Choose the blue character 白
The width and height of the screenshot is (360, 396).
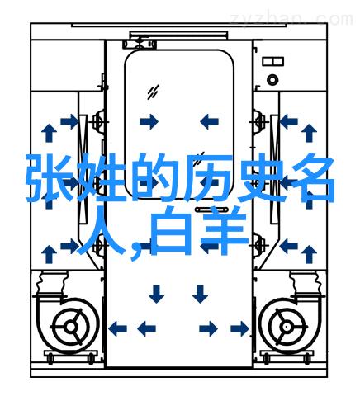[x=171, y=230]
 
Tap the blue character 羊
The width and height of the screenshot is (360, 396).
[x=225, y=230]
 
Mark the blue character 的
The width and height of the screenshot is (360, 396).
[x=155, y=178]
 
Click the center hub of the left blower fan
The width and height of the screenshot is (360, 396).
[x=71, y=327]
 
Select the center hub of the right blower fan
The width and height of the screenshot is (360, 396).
[x=287, y=327]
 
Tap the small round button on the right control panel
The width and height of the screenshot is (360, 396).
[x=272, y=80]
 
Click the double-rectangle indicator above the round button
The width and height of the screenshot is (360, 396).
[x=272, y=61]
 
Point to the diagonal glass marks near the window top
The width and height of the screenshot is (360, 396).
[x=153, y=92]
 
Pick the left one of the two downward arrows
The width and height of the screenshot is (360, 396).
[x=156, y=294]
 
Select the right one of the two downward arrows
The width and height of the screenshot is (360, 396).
[x=200, y=294]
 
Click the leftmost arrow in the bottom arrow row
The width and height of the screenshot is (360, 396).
[x=117, y=328]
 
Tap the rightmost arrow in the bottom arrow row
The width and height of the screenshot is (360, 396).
[x=240, y=328]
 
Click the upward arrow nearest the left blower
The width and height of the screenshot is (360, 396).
[x=50, y=255]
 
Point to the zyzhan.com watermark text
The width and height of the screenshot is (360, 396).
[x=291, y=19]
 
